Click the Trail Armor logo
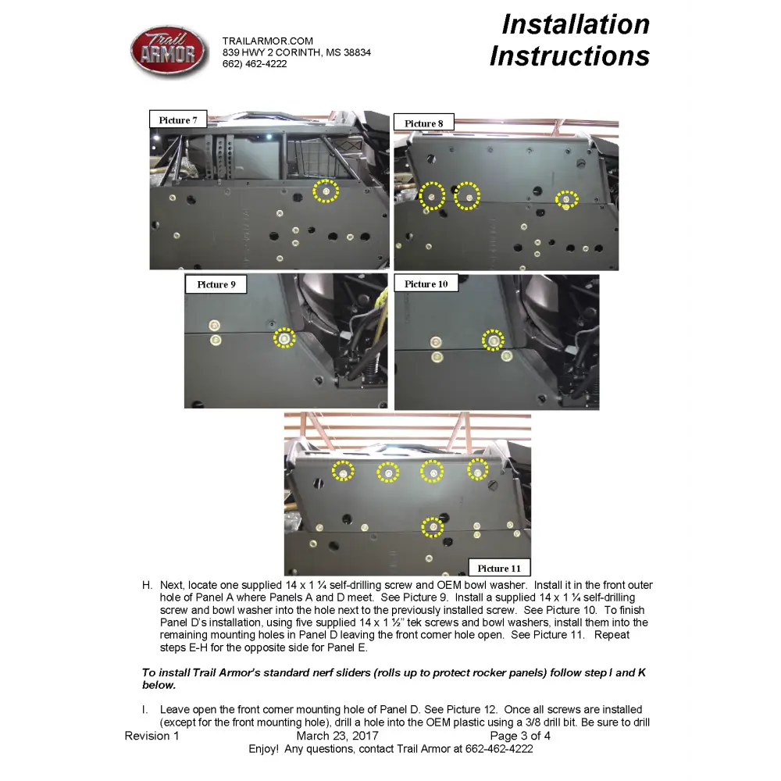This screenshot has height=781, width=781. tap(169, 52)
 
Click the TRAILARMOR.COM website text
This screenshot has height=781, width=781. tap(267, 41)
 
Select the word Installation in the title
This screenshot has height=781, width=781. tap(576, 24)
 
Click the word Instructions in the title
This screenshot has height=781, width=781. tap(570, 55)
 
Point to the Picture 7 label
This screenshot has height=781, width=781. tap(178, 119)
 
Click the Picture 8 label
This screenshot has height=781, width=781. tap(424, 123)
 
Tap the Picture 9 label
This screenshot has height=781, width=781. tap(216, 284)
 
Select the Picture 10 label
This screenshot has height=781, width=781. tap(426, 284)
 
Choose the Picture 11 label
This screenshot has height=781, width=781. tap(499, 568)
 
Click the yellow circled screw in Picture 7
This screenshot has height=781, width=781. tap(326, 191)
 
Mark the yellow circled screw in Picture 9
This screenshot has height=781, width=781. tap(284, 338)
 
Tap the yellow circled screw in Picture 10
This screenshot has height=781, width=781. tap(493, 341)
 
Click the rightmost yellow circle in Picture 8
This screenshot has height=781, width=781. tap(566, 199)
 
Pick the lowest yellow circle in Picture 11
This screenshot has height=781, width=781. tap(433, 527)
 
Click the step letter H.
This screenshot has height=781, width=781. tap(147, 585)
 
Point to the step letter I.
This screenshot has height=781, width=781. tap(144, 710)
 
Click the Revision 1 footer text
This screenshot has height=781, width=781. tap(152, 736)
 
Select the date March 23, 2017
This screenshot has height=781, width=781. tap(337, 736)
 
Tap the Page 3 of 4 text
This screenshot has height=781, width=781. tap(520, 736)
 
